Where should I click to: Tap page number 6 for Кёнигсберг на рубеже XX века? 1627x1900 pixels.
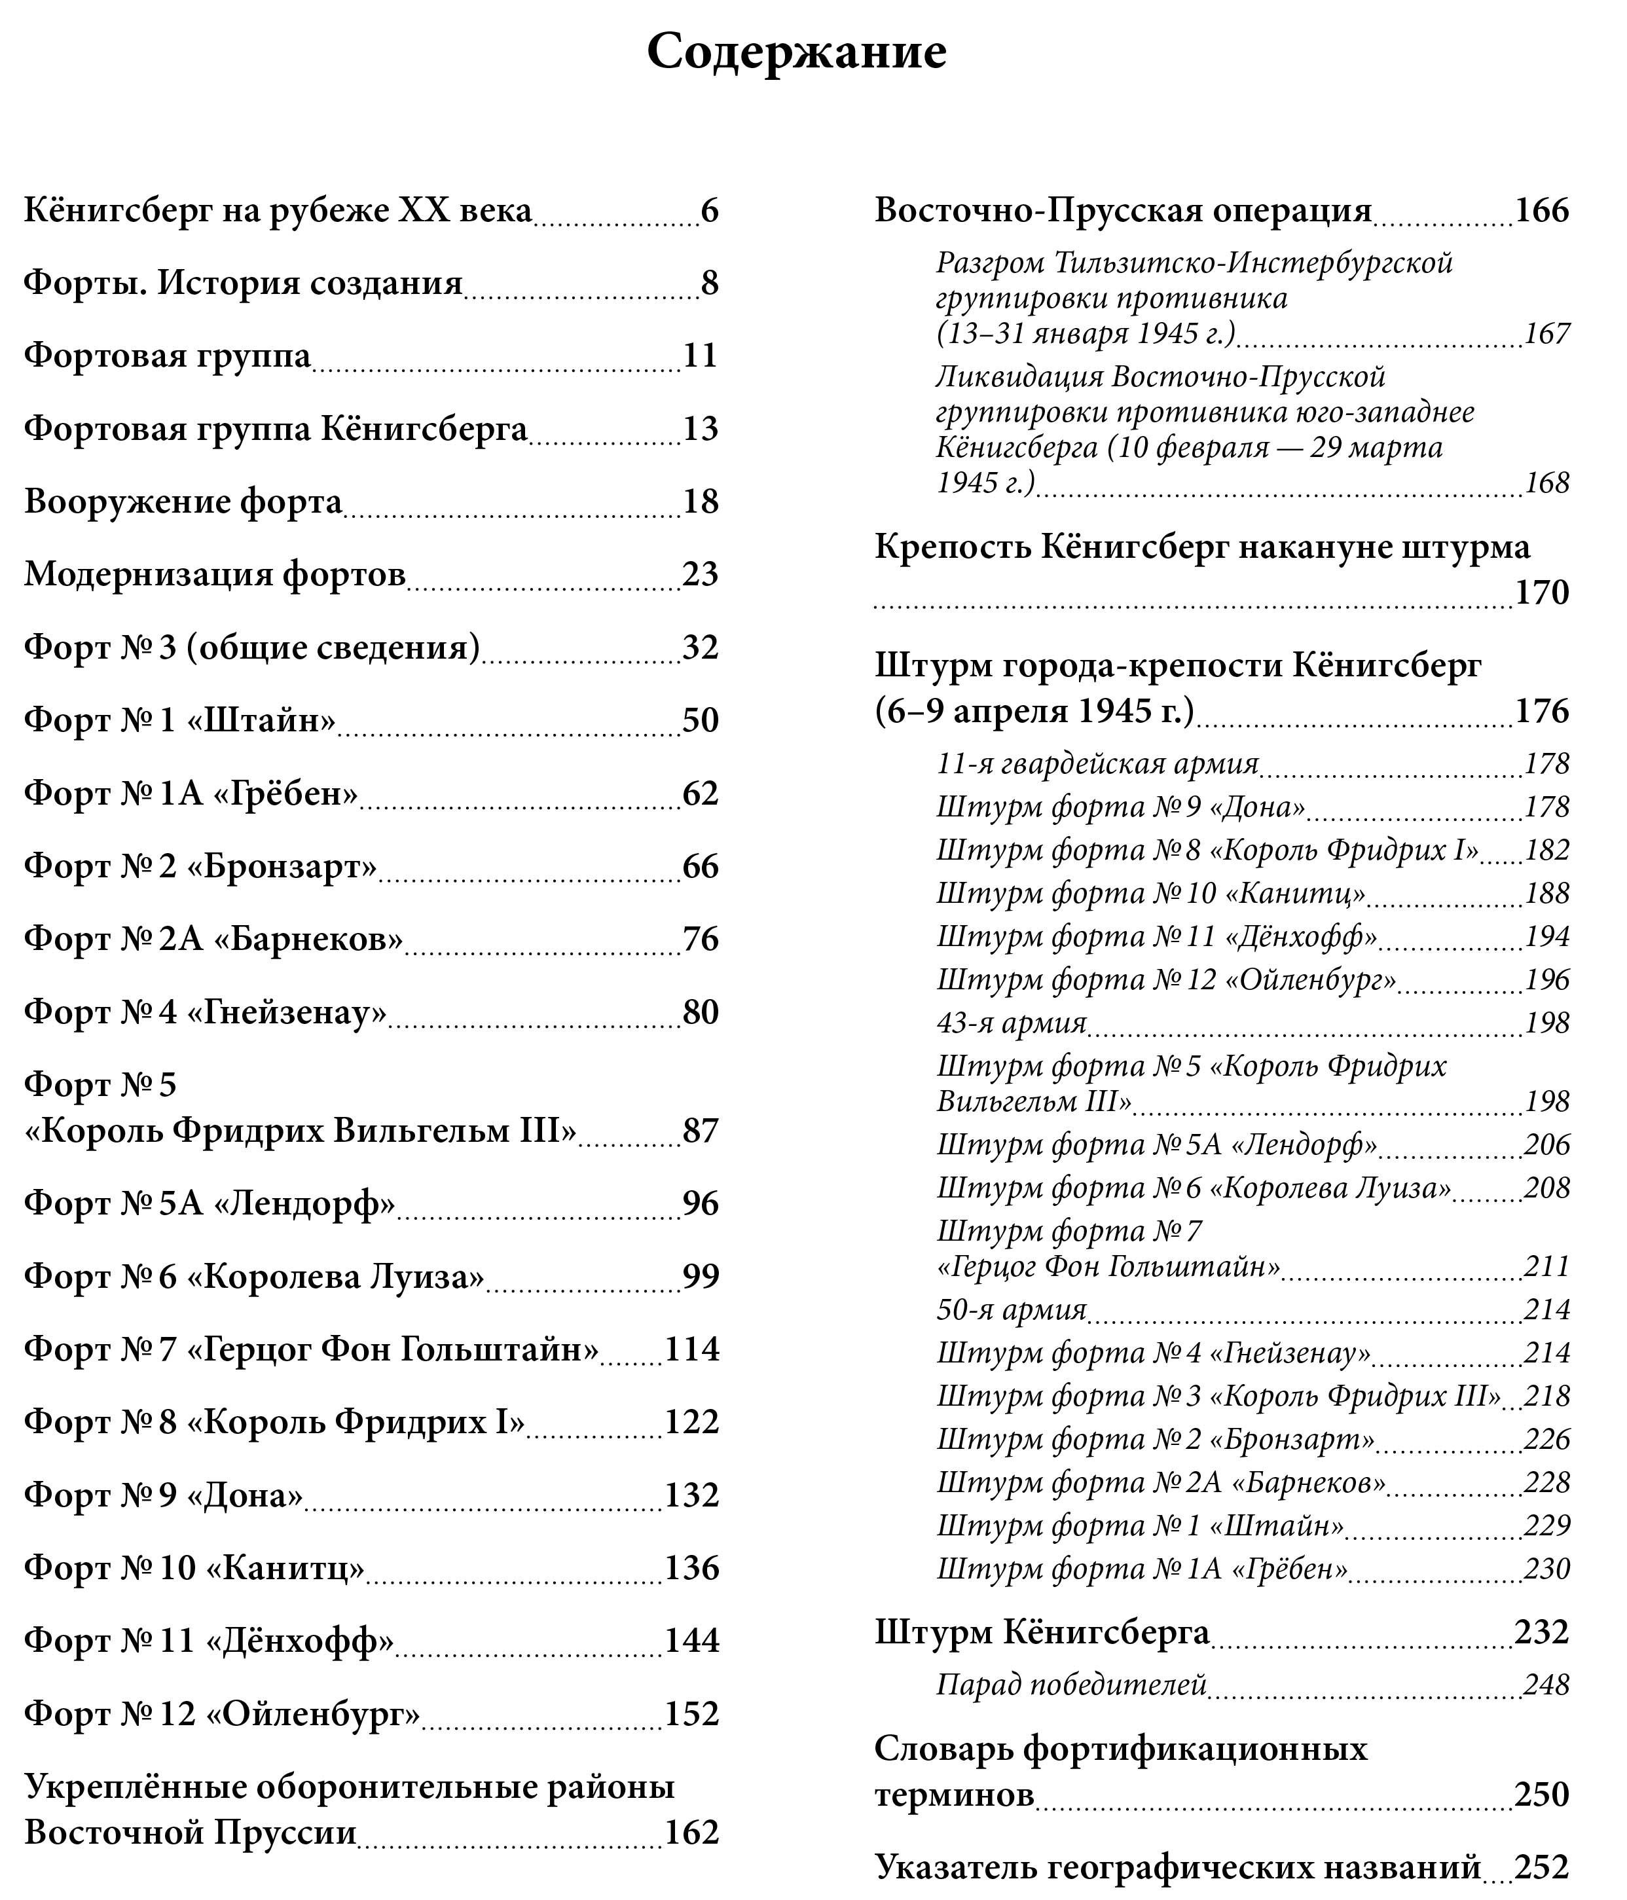click(x=709, y=211)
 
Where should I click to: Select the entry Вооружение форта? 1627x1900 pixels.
click(x=183, y=502)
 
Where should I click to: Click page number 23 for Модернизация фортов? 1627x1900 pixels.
click(x=700, y=574)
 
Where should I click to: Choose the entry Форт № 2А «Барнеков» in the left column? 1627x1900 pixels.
click(x=213, y=939)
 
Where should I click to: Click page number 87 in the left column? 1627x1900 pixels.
click(x=700, y=1131)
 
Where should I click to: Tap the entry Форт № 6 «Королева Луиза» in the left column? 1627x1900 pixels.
click(x=254, y=1277)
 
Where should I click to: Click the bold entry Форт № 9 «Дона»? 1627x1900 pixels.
click(x=163, y=1495)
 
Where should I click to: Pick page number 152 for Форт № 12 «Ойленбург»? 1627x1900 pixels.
click(x=691, y=1714)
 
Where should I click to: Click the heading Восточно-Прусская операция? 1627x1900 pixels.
click(x=1123, y=210)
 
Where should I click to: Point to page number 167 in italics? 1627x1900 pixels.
click(x=1546, y=334)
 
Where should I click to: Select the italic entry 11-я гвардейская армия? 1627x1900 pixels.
click(x=1097, y=764)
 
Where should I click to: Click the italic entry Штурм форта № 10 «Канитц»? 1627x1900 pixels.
click(x=1150, y=893)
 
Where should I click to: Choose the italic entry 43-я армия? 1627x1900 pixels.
click(x=1011, y=1023)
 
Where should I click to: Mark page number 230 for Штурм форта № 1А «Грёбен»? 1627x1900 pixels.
click(x=1546, y=1569)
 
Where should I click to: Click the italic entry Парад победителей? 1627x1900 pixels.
click(x=1070, y=1685)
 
